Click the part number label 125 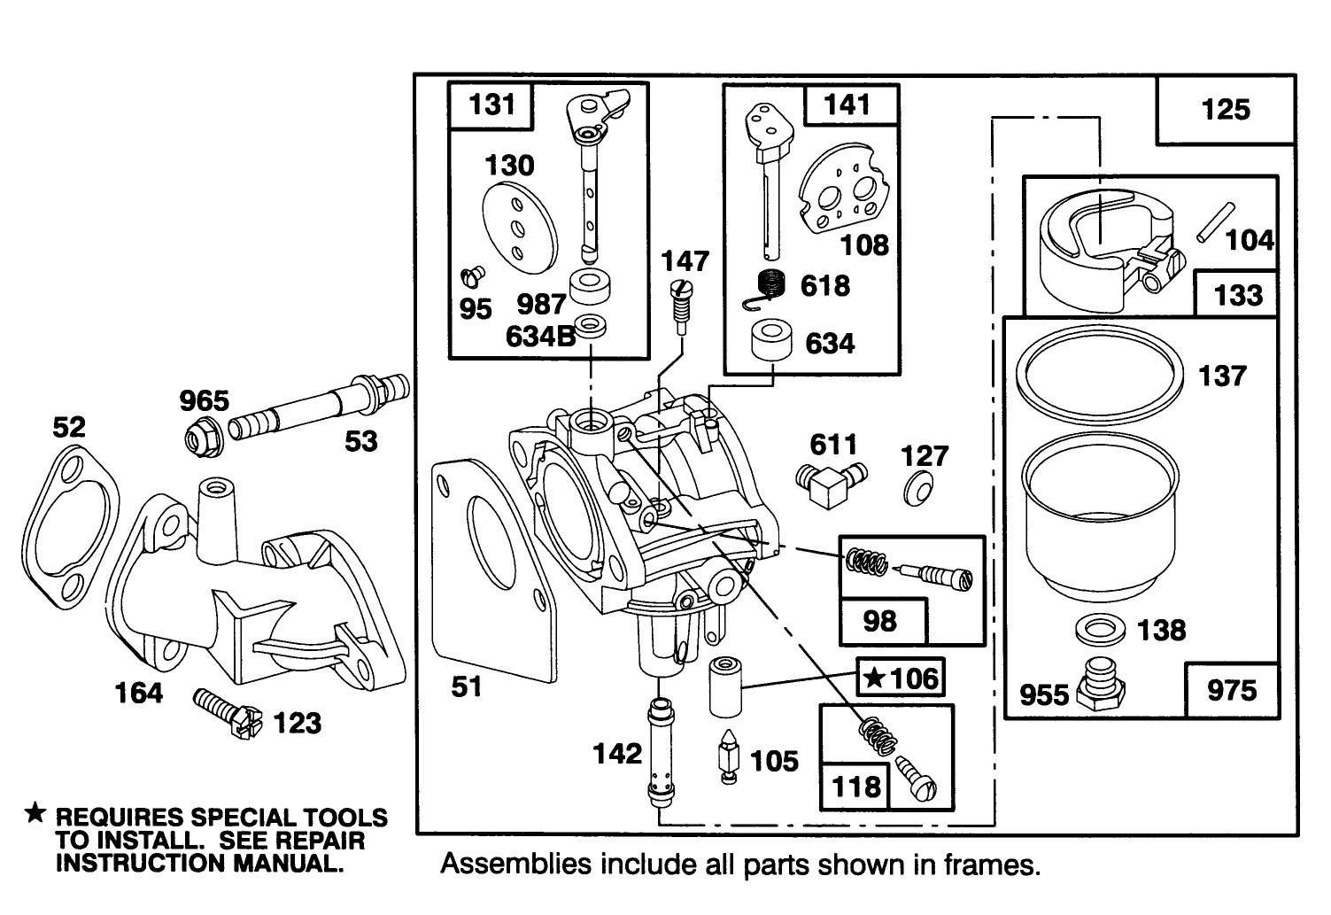1226,110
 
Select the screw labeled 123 228,712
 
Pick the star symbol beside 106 874,678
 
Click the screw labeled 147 682,305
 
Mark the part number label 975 1232,690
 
